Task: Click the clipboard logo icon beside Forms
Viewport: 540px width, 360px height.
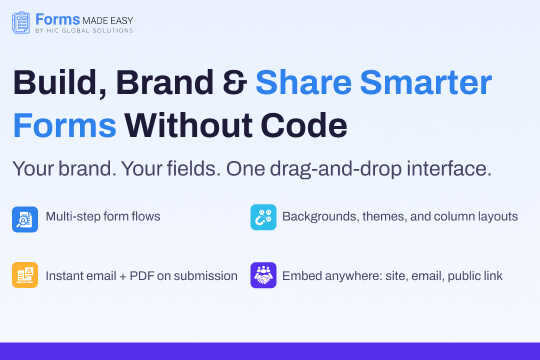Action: pyautogui.click(x=21, y=22)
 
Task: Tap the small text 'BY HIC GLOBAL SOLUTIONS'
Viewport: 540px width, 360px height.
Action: pyautogui.click(x=85, y=31)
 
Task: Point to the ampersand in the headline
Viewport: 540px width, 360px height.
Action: pyautogui.click(x=228, y=86)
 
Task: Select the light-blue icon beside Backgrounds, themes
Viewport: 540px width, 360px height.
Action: pyautogui.click(x=263, y=218)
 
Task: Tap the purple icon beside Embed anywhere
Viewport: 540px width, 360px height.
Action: pyautogui.click(x=263, y=275)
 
